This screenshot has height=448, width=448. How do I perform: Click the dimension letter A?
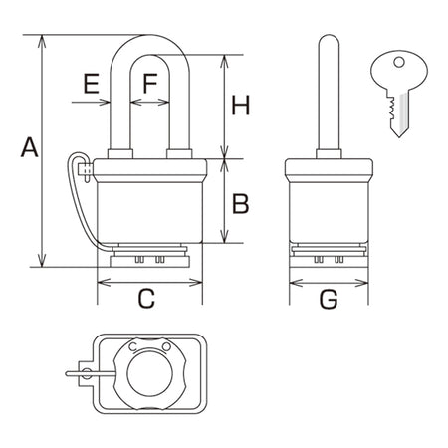point(30,147)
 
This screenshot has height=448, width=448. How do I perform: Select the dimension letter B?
point(241,204)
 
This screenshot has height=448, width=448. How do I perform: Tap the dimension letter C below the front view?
point(146,298)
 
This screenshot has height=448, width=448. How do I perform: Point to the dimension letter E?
point(92,84)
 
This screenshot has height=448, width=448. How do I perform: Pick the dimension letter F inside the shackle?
point(150,84)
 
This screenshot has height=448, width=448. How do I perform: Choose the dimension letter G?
point(329,299)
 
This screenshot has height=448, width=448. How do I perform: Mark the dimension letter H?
point(241,105)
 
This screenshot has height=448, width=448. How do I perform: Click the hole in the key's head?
point(399,62)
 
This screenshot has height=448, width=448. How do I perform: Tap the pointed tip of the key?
point(400,136)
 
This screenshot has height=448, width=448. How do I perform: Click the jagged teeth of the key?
point(391,109)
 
